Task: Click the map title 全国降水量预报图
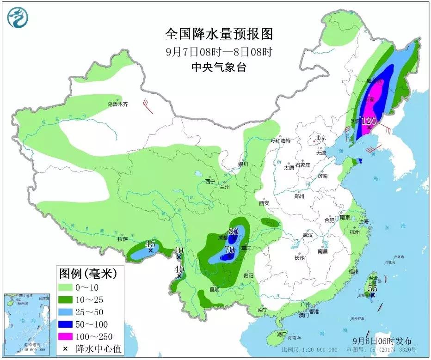tap(219, 35)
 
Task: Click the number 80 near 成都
tap(233, 232)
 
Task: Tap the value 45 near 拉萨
tap(150, 244)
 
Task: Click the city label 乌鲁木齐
tap(117, 104)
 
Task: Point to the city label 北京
tap(321, 138)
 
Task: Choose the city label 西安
tap(264, 203)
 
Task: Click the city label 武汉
tap(308, 235)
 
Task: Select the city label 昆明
tap(215, 289)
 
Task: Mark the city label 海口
tap(282, 334)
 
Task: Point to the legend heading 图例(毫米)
tap(88, 274)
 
